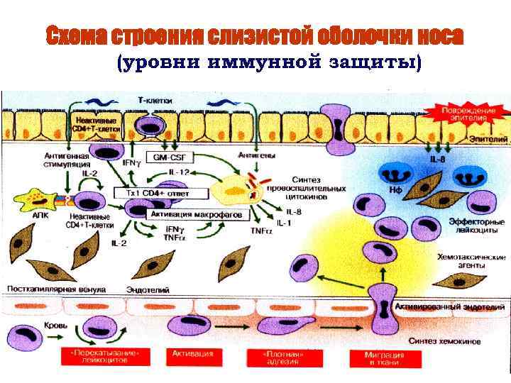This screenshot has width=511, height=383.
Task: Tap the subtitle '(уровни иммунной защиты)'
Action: click(268, 63)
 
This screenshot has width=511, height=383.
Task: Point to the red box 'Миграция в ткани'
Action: click(384, 357)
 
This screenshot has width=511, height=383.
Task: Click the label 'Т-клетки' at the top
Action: click(154, 101)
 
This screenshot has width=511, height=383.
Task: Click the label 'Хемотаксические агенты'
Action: click(471, 260)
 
